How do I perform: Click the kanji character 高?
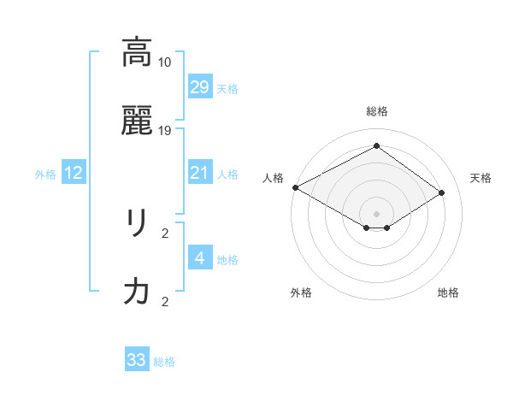(x=137, y=53)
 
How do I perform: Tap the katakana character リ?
(x=137, y=224)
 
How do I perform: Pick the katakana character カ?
(x=137, y=293)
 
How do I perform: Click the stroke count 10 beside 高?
(x=165, y=62)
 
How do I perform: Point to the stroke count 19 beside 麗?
(x=165, y=130)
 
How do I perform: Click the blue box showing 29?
(x=199, y=87)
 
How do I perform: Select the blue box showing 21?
(x=199, y=173)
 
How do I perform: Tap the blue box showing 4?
(x=199, y=258)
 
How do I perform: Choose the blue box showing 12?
(x=74, y=173)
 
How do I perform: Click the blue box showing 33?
(x=137, y=360)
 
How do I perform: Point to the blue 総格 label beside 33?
(x=164, y=362)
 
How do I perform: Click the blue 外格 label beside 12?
(x=45, y=174)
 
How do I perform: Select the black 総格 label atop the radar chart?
(x=377, y=111)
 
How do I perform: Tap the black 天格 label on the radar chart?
(x=481, y=178)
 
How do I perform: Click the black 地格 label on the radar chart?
(x=448, y=293)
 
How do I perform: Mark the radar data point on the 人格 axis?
(x=295, y=187)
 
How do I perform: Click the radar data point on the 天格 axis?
(x=442, y=193)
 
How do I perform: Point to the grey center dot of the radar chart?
(x=377, y=214)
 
